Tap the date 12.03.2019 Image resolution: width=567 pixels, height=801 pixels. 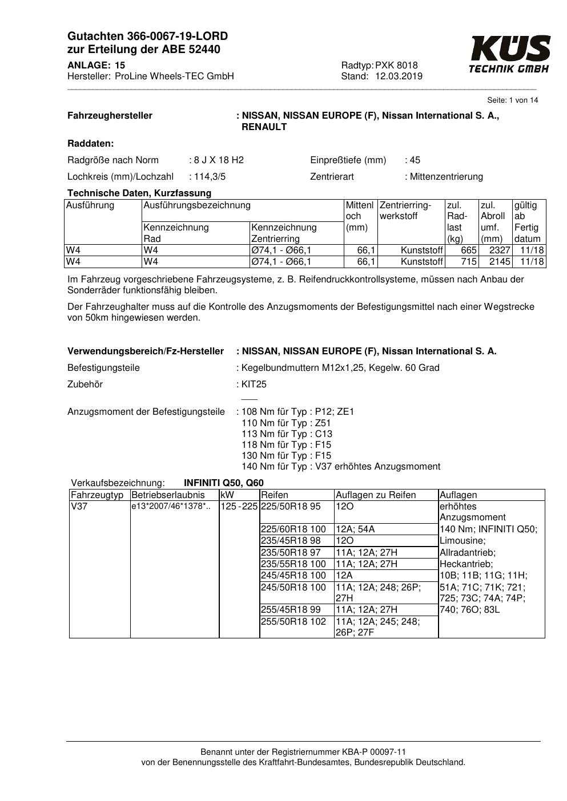pyautogui.click(x=399, y=76)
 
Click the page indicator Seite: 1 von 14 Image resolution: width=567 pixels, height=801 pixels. pyautogui.click(x=512, y=100)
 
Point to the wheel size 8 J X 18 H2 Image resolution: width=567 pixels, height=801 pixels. pyautogui.click(x=219, y=160)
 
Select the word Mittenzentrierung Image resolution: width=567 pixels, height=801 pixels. pyautogui.click(x=446, y=177)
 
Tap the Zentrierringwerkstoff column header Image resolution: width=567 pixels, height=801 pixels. pyautogui.click(x=405, y=211)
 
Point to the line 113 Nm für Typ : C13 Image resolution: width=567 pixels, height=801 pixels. pyautogui.click(x=287, y=434)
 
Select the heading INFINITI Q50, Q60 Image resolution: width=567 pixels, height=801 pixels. pyautogui.click(x=224, y=483)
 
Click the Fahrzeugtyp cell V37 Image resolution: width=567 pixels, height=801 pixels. pyautogui.click(x=79, y=507)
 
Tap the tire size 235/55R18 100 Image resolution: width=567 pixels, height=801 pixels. pyautogui.click(x=293, y=564)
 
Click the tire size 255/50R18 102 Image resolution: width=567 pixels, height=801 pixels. pyautogui.click(x=293, y=622)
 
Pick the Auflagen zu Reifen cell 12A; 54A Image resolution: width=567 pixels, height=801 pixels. pyautogui.click(x=355, y=529)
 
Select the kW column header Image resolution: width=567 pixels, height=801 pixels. pyautogui.click(x=227, y=495)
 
